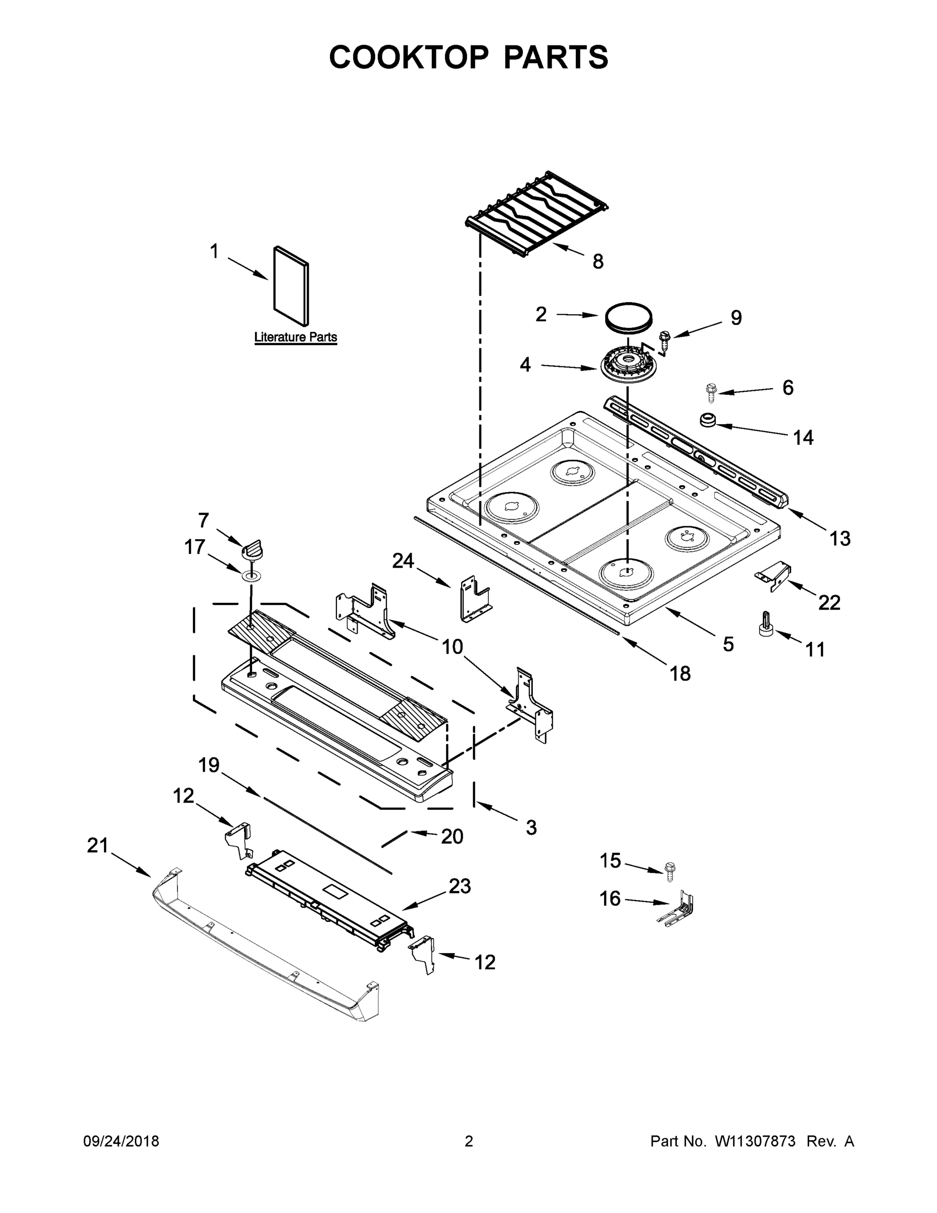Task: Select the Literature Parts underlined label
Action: (x=295, y=337)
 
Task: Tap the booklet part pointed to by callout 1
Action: (x=291, y=286)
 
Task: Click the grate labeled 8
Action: (x=537, y=213)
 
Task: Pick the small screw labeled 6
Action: (x=711, y=392)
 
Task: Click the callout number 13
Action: (x=840, y=538)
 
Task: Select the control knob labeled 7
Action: (x=253, y=550)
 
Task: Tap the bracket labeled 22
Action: (x=775, y=575)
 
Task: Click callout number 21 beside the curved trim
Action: (x=97, y=846)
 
